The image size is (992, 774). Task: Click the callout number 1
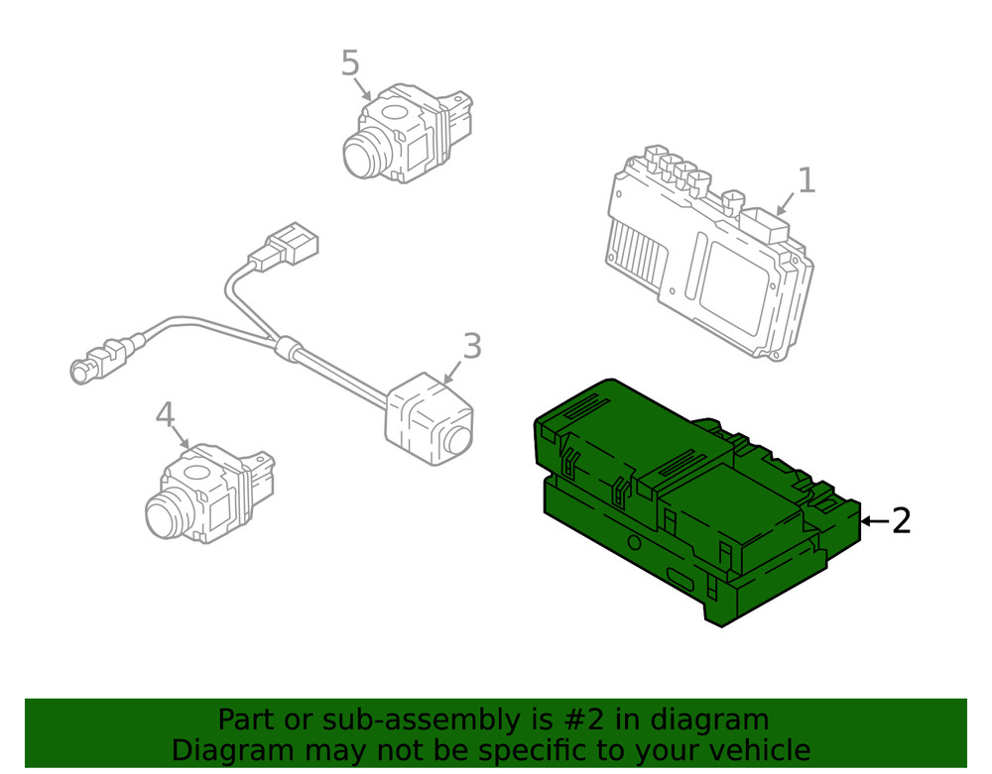pos(806,180)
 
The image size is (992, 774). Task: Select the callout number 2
pos(901,520)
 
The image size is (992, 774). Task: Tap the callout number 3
pos(472,346)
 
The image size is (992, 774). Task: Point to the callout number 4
pos(165,414)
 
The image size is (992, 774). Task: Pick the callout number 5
pos(350,62)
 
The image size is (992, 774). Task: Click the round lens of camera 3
pos(458,439)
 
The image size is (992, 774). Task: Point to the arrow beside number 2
pos(873,520)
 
